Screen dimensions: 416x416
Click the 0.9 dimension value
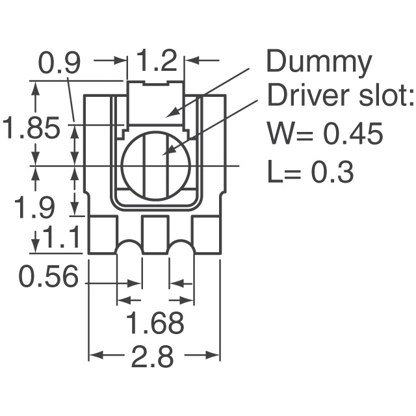[59, 63]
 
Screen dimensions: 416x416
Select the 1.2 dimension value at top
[157, 62]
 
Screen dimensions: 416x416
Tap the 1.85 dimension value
[32, 128]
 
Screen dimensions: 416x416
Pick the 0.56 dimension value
[49, 278]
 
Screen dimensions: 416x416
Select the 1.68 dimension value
[155, 323]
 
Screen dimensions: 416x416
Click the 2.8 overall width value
[154, 357]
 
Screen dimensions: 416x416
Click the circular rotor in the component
[156, 166]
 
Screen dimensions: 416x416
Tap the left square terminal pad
[102, 235]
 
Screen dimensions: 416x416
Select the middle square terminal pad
[155, 235]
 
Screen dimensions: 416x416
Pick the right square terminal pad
[207, 235]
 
